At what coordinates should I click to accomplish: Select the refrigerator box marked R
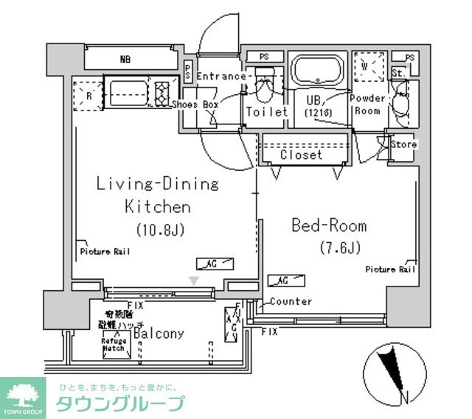(88, 95)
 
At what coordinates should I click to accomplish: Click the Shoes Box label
(195, 105)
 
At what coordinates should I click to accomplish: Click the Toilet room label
(266, 113)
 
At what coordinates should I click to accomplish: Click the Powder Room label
(367, 105)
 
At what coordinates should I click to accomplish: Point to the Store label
(403, 144)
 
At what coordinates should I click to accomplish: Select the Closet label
(301, 155)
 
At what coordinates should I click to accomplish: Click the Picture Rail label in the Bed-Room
(391, 270)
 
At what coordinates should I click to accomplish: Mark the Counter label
(291, 301)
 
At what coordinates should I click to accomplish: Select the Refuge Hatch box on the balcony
(113, 344)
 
